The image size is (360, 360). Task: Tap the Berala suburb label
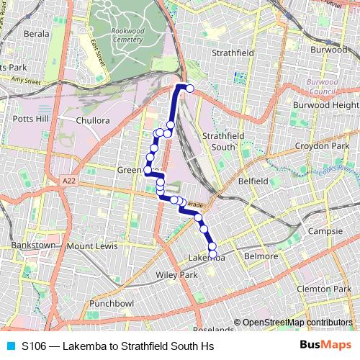(37, 33)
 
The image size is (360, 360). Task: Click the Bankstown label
(32, 245)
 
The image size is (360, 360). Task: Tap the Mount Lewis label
(91, 246)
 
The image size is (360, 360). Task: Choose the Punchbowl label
(112, 303)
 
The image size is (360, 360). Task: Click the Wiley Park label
(176, 275)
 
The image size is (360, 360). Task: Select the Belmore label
(261, 256)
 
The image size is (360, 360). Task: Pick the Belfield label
(253, 181)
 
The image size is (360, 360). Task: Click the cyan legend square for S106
(12, 346)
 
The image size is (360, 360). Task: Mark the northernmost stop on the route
(190, 89)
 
